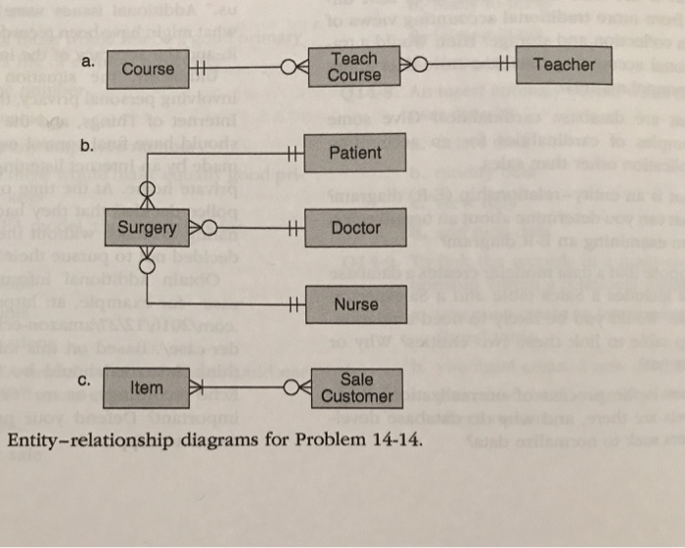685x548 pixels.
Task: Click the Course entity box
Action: pyautogui.click(x=148, y=68)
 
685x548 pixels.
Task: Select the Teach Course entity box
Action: pyautogui.click(x=354, y=67)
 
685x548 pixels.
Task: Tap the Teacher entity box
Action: pyautogui.click(x=564, y=65)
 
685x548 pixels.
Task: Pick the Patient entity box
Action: pyautogui.click(x=355, y=153)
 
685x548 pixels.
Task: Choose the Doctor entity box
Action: pyautogui.click(x=355, y=228)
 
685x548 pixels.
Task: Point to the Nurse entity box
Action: pyautogui.click(x=355, y=304)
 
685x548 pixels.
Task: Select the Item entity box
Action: pyautogui.click(x=147, y=388)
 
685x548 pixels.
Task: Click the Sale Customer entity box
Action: pyautogui.click(x=356, y=388)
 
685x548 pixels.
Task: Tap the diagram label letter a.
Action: pyautogui.click(x=88, y=61)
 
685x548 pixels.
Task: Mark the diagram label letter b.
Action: pyautogui.click(x=87, y=147)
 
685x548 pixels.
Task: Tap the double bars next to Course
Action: pyautogui.click(x=200, y=68)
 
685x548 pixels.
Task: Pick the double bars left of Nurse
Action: pyautogui.click(x=291, y=304)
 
